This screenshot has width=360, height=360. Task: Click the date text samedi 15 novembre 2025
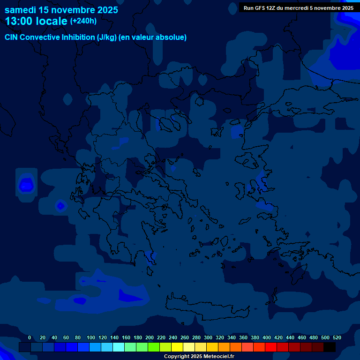[x=61, y=10]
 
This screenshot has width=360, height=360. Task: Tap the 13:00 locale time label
[x=36, y=21]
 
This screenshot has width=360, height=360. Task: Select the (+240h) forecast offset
[x=83, y=21]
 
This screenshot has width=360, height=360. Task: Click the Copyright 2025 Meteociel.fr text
[x=199, y=357]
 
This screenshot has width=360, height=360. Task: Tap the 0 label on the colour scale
[x=30, y=337]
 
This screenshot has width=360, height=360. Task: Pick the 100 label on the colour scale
[x=91, y=337]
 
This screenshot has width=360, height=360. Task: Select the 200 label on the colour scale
[x=150, y=337]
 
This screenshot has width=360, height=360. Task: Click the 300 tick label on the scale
[x=208, y=337]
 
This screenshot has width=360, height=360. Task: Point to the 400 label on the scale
[x=267, y=337]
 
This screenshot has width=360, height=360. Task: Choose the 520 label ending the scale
[x=337, y=337]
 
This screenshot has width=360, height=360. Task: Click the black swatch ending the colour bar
[x=330, y=347]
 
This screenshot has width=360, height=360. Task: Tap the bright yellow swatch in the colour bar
[x=177, y=347]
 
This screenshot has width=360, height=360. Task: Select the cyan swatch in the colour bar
[x=119, y=347]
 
